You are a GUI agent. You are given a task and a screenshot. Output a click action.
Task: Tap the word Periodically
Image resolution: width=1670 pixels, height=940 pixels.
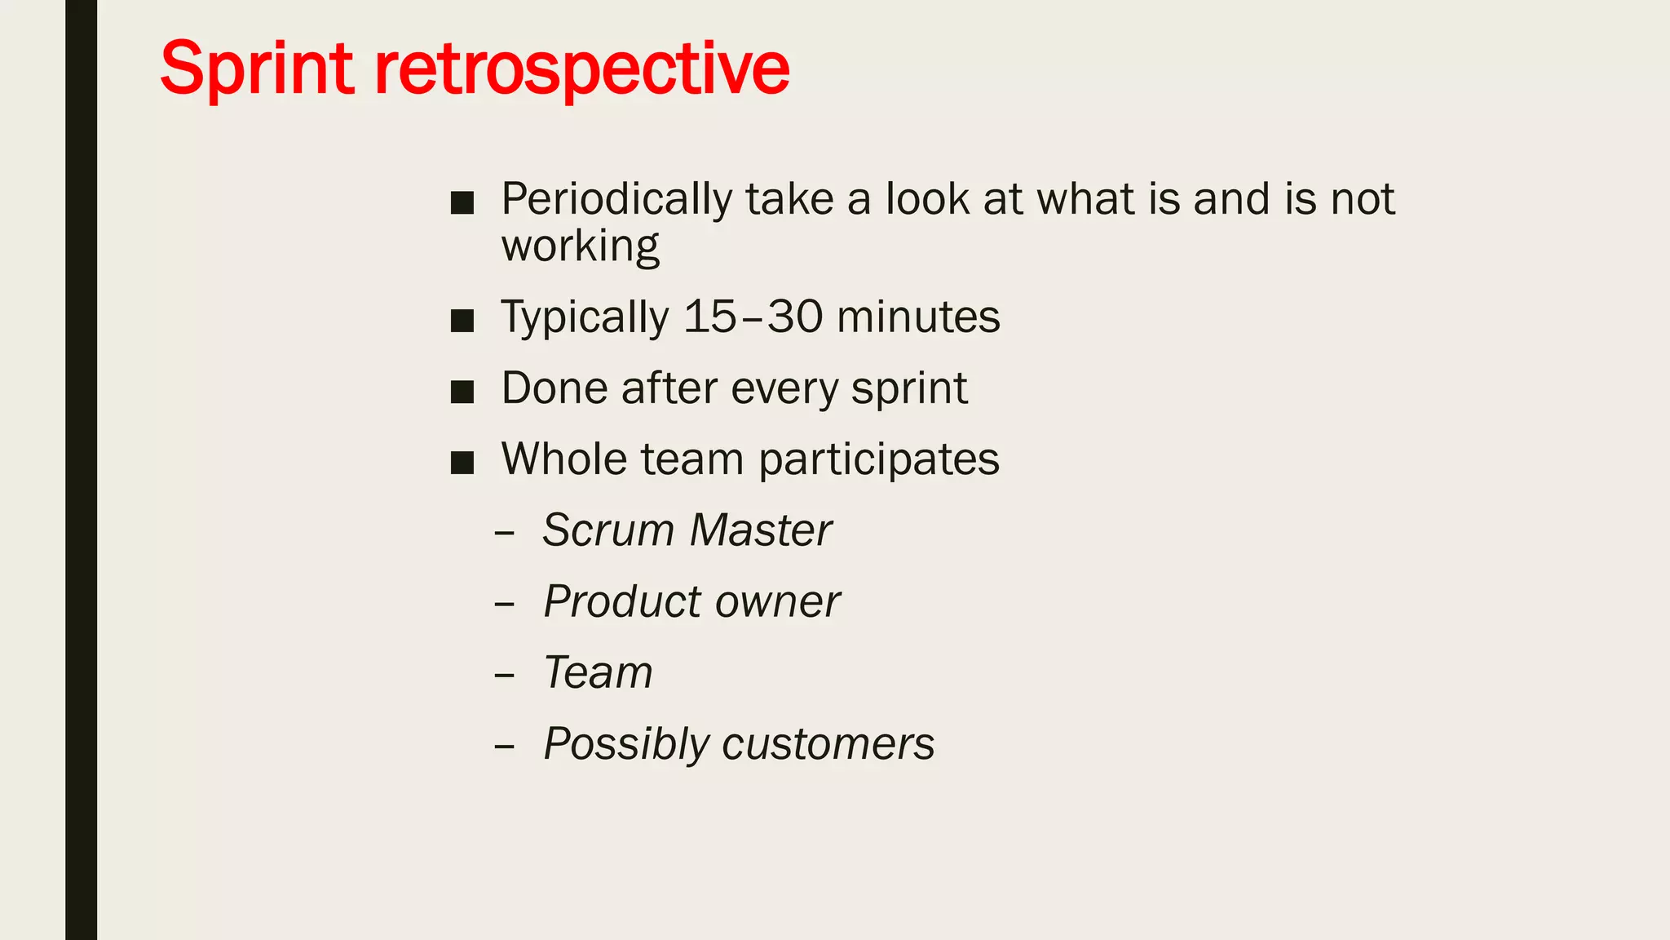616,200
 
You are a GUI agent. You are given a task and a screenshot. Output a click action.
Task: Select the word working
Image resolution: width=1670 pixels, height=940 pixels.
580,246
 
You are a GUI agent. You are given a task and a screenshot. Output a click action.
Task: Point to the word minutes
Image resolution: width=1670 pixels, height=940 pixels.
918,317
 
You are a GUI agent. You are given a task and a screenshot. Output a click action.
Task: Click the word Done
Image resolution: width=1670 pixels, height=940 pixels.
554,388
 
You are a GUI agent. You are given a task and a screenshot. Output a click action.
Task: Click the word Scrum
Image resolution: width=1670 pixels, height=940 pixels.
608,530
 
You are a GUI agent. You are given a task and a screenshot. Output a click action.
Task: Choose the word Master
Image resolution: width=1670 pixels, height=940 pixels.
760,530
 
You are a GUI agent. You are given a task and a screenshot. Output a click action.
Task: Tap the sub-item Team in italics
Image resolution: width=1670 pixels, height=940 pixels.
598,673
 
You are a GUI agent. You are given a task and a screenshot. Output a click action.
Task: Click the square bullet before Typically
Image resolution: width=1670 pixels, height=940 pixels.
462,320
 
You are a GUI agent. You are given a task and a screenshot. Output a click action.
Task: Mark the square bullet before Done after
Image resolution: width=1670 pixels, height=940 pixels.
462,392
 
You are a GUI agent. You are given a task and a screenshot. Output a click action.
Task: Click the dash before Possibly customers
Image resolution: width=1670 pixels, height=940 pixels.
505,746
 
